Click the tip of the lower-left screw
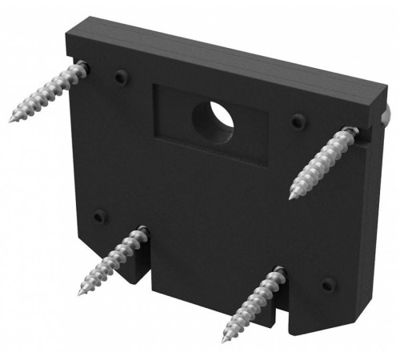[x=81, y=293]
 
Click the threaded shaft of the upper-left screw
[x=44, y=94]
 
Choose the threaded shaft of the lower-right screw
[x=251, y=303]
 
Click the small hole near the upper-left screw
[x=120, y=77]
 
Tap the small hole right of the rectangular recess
[x=298, y=122]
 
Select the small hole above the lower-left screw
[x=98, y=216]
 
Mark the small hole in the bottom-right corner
[x=327, y=284]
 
